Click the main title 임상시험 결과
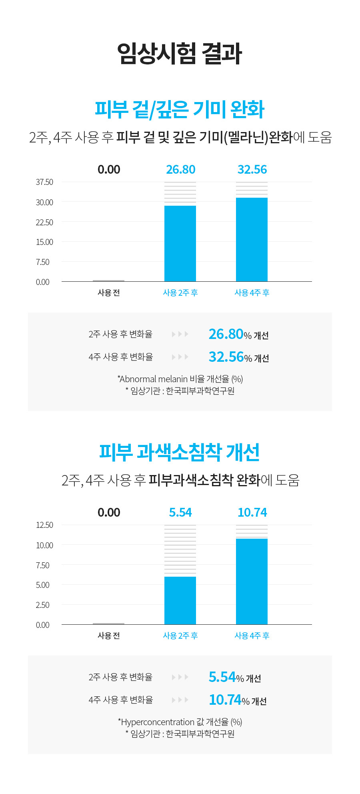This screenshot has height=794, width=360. tap(180, 53)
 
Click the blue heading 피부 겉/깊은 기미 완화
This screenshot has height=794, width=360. tap(180, 109)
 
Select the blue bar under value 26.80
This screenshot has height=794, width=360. tap(180, 243)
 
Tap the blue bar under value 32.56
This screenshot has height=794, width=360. tap(252, 239)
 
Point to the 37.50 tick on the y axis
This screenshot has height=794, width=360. tap(44, 182)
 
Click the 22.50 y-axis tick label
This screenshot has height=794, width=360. tap(44, 222)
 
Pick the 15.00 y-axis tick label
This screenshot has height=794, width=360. tap(44, 242)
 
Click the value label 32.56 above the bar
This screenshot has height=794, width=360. tap(252, 170)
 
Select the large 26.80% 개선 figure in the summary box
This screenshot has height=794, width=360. tap(238, 334)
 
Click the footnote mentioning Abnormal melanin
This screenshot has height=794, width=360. tap(180, 379)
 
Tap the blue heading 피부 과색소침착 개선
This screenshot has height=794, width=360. tap(180, 452)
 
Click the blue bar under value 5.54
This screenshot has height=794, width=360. tap(180, 600)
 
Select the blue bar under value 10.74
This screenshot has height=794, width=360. tap(252, 581)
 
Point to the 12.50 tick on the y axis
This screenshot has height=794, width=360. tap(44, 525)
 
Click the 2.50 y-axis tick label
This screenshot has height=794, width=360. tap(43, 605)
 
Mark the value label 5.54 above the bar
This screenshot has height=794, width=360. tap(180, 513)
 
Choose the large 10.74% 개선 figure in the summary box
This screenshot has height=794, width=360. tap(238, 700)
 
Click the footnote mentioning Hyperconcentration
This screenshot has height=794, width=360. tap(180, 722)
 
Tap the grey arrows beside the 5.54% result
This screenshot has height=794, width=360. tap(180, 677)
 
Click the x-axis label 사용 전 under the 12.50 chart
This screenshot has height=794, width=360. tap(109, 636)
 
